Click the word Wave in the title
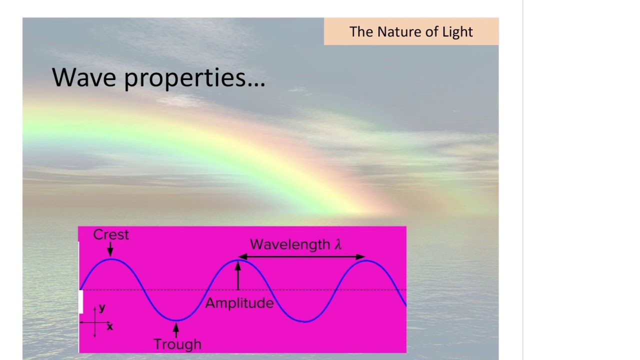tap(84, 77)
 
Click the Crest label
tap(111, 235)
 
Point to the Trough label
tap(177, 344)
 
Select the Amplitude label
tap(239, 303)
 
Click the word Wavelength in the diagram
tap(290, 244)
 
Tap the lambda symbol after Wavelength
tap(338, 244)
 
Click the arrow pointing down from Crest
tap(110, 249)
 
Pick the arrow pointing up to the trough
tap(175, 329)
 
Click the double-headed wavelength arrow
tap(301, 257)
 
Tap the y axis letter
tap(102, 308)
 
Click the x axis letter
tap(110, 326)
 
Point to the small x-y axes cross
tap(94, 322)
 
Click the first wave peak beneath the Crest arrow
tap(111, 259)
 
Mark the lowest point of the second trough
tap(304, 321)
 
